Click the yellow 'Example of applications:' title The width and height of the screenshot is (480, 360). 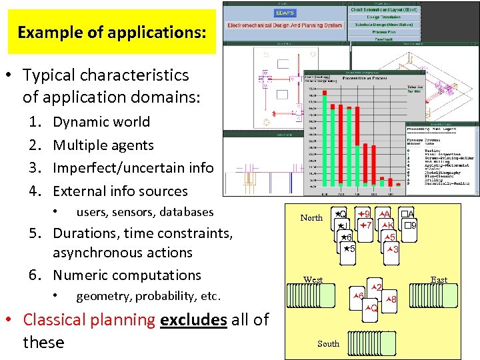(x=111, y=32)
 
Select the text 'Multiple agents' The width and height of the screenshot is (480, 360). (x=103, y=145)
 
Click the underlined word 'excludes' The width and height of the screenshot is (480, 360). (x=193, y=320)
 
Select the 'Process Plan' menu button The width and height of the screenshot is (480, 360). (x=383, y=31)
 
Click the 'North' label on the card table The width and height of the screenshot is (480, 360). (x=311, y=218)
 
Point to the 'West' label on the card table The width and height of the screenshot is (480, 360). (x=313, y=280)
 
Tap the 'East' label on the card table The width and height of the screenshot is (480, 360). (x=439, y=280)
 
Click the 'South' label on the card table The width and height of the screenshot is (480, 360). (x=328, y=344)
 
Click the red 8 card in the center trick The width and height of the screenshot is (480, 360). (x=391, y=300)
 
